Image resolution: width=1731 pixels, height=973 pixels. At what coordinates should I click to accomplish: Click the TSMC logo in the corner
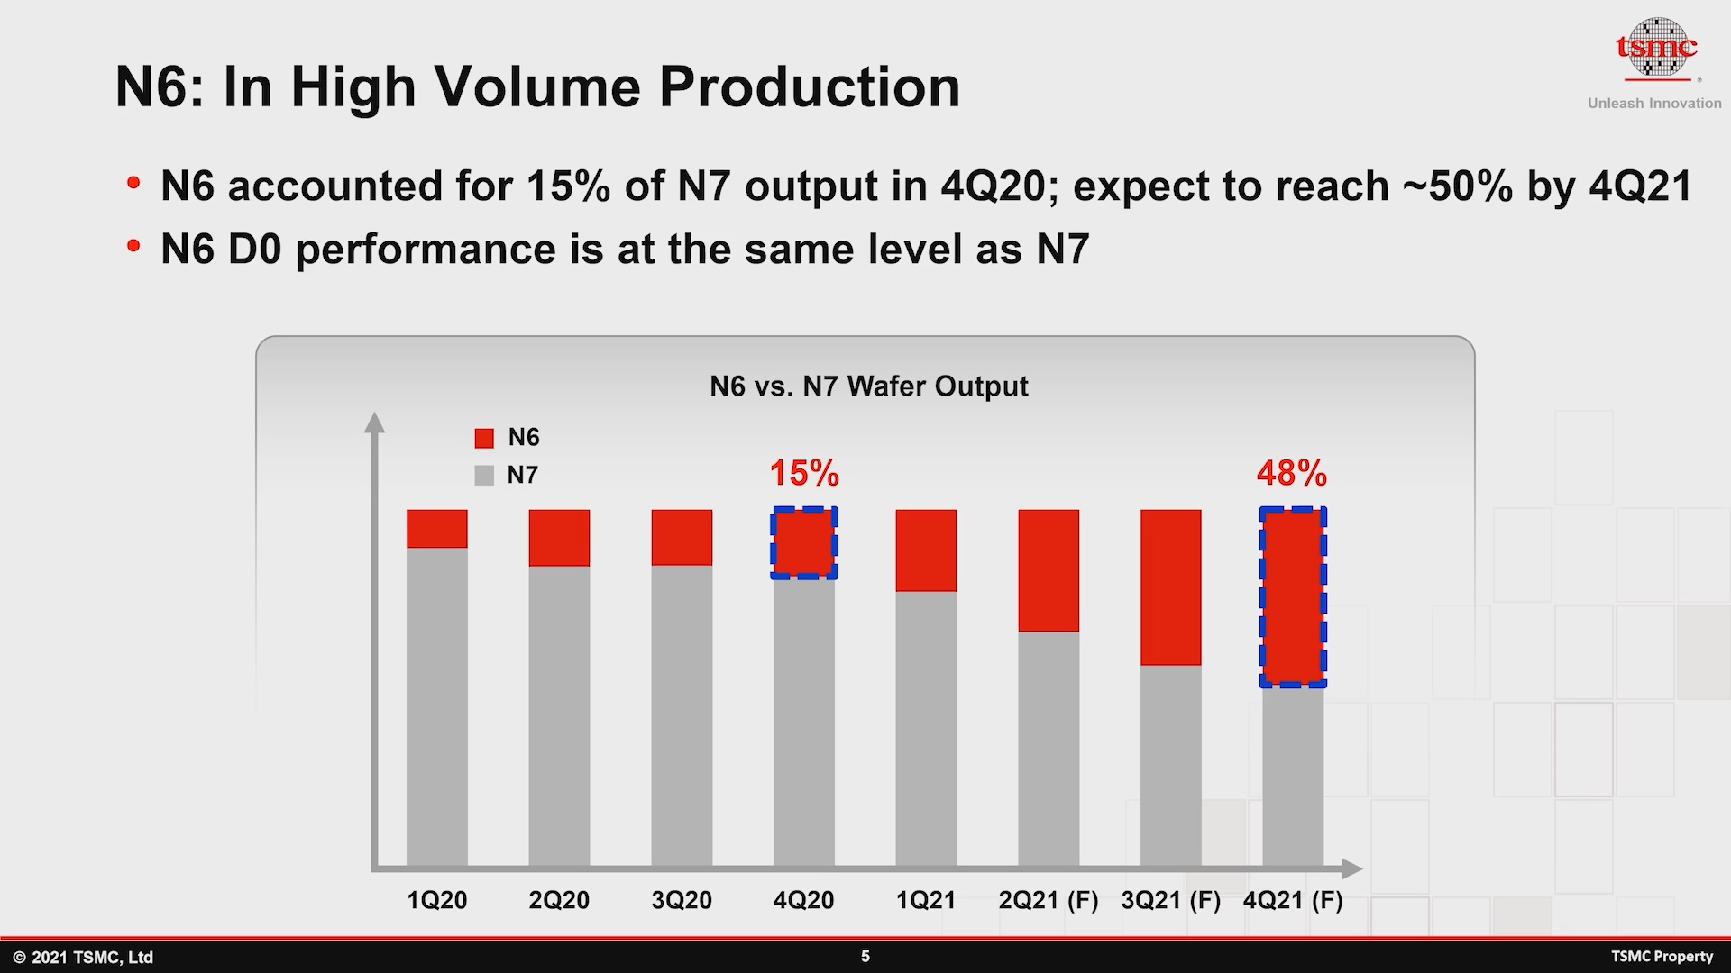(x=1656, y=50)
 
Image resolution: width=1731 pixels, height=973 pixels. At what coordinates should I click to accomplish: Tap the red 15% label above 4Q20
(x=803, y=473)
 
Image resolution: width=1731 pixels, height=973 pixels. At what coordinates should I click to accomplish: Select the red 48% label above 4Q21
(x=1291, y=473)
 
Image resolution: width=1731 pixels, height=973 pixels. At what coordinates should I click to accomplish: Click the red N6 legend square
(x=484, y=439)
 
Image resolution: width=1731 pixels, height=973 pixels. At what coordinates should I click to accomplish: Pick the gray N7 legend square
(x=484, y=476)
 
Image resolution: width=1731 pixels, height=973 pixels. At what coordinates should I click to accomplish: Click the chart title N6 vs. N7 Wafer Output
(x=868, y=386)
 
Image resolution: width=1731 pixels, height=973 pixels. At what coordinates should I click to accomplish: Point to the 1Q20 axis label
(x=436, y=900)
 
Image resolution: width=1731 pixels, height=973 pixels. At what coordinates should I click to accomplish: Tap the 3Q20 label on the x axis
(x=682, y=900)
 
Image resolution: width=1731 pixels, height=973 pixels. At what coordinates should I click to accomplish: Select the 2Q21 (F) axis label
(x=1049, y=900)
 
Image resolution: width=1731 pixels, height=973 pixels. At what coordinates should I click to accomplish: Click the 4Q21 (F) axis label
(x=1293, y=900)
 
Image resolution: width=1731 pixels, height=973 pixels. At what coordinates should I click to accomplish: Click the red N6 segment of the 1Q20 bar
(x=436, y=529)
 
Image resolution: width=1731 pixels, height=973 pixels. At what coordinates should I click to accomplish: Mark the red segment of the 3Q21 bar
(x=1170, y=587)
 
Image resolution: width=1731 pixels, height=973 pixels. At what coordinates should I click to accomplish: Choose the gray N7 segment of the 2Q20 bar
(x=559, y=716)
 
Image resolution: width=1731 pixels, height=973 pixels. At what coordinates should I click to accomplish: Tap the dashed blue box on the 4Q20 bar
(x=804, y=543)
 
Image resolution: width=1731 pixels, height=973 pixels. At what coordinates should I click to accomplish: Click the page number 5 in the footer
(x=865, y=956)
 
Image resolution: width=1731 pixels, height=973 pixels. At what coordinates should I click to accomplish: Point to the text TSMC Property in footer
(x=1662, y=957)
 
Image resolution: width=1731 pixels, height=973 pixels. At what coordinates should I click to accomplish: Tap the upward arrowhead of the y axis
(x=374, y=422)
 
